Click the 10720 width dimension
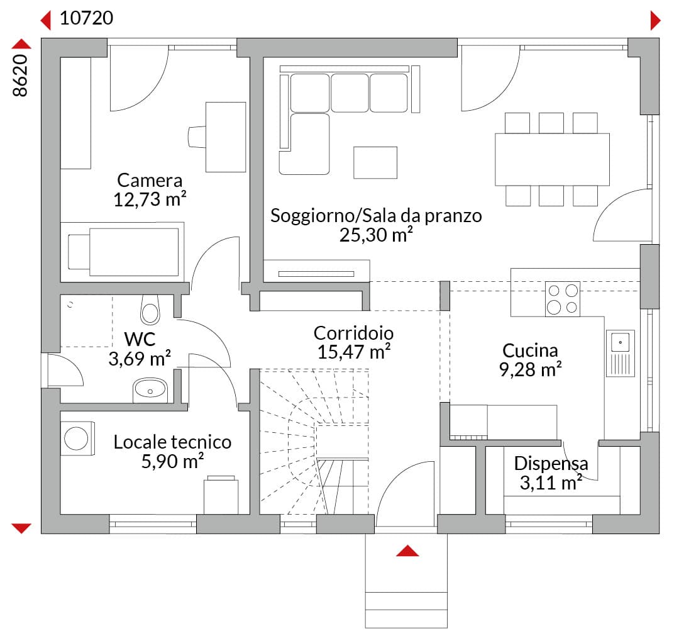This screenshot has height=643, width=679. coord(86,18)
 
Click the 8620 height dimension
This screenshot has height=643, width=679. coord(20,75)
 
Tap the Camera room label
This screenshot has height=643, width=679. coord(150,180)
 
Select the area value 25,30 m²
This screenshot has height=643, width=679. coord(376,235)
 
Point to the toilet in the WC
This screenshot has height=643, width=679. coord(150,310)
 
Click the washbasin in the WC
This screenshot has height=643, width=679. coord(150,390)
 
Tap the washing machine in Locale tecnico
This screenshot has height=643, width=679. coord(77,438)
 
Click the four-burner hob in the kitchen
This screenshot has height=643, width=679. coord(563,299)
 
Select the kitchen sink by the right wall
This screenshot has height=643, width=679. coord(620,353)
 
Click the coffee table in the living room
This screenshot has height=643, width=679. coord(375,162)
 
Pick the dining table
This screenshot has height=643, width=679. coord(552,159)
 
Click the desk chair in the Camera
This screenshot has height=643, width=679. coord(197,137)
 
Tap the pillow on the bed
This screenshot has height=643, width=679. coord(79,252)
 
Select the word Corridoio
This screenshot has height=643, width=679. coord(353,333)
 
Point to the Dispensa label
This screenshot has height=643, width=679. coord(551,464)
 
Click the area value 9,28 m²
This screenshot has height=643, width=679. coord(530,369)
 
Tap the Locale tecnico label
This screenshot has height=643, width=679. coord(172,442)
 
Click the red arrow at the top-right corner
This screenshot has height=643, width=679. coord(655,20)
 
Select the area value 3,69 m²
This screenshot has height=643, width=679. coord(140,359)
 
